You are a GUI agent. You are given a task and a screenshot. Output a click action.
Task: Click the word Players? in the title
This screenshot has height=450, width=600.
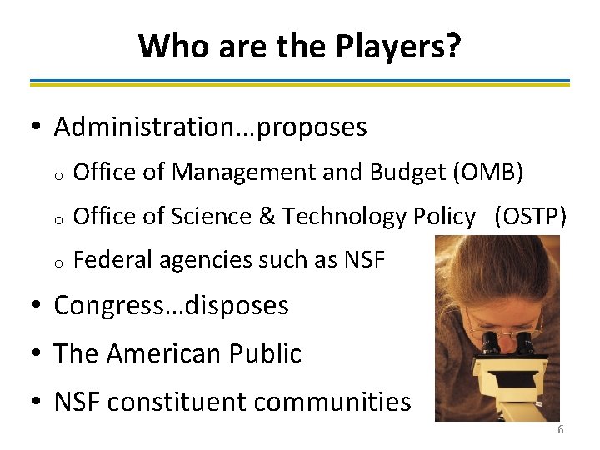[x=398, y=46]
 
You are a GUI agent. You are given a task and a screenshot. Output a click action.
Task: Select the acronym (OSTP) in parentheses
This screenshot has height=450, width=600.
[x=530, y=217]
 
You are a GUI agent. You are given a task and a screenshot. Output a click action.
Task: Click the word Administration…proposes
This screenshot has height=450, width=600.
[x=210, y=127]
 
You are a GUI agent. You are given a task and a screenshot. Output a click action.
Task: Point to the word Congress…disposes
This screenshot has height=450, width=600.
[x=171, y=306]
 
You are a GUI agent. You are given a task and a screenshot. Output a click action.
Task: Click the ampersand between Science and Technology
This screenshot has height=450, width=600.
[x=267, y=217]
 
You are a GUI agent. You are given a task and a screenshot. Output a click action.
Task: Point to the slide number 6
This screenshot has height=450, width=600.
[x=560, y=430]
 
